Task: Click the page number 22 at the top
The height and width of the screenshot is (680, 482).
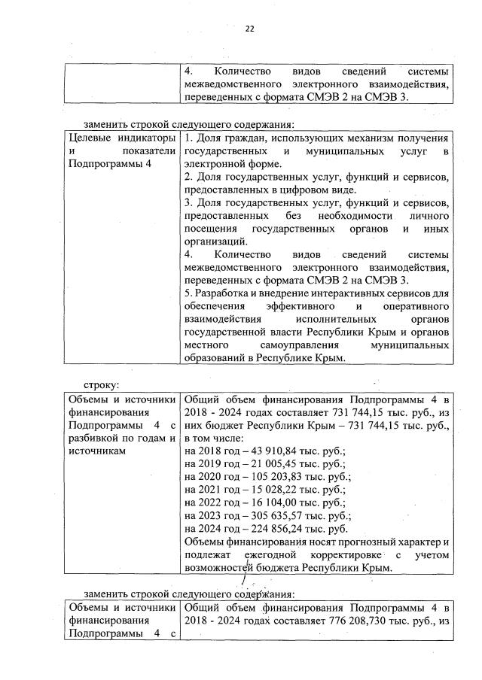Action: (249, 29)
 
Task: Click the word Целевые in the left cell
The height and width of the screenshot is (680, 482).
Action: (90, 138)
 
